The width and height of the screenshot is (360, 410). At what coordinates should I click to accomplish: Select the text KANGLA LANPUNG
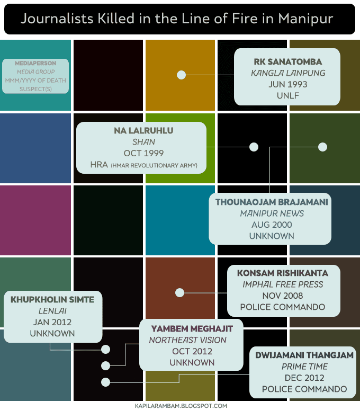point(288,73)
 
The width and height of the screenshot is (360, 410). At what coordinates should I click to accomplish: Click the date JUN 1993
point(288,84)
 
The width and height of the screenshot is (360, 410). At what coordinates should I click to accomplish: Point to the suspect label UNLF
point(288,96)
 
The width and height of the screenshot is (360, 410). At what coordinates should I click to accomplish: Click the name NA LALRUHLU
point(143,130)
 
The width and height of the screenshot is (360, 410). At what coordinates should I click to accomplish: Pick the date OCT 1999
point(143,154)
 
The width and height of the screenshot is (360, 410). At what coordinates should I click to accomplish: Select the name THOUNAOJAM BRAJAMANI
point(272,202)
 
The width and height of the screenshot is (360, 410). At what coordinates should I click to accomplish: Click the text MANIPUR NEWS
point(272,213)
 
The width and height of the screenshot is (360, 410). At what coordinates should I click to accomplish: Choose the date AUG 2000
point(272,225)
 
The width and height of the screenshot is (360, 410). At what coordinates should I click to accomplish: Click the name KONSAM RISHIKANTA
point(282,273)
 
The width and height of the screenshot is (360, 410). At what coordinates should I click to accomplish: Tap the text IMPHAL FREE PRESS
point(282,284)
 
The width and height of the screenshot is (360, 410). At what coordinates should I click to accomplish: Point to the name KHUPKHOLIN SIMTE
point(52,299)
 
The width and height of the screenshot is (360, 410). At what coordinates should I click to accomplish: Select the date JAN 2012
point(52,322)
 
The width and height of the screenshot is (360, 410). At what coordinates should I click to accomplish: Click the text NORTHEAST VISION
point(187,340)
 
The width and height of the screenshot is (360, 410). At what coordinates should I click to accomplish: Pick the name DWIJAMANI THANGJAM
point(304,355)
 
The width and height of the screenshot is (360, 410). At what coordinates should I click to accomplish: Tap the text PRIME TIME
point(304,367)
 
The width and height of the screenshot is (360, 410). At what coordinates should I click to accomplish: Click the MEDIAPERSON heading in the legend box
point(36,63)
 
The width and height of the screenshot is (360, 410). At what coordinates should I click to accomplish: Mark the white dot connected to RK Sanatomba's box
point(181,75)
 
